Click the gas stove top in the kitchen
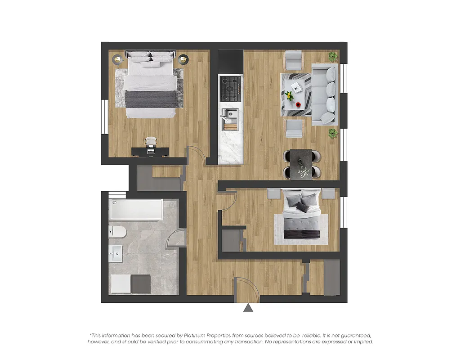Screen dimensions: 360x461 point(230,88)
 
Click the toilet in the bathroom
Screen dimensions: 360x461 point(118,232)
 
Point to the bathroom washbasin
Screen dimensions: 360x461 point(116,254)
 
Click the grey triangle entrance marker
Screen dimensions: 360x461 point(248,308)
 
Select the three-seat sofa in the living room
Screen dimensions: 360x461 point(324,94)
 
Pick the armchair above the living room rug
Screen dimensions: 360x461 point(294,60)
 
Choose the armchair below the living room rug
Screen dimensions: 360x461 point(294,128)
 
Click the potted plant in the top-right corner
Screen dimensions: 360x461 point(333,57)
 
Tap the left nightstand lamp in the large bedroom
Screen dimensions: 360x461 point(117,59)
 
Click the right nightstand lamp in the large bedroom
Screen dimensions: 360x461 point(183,59)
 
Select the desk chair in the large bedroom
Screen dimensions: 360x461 point(150,142)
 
